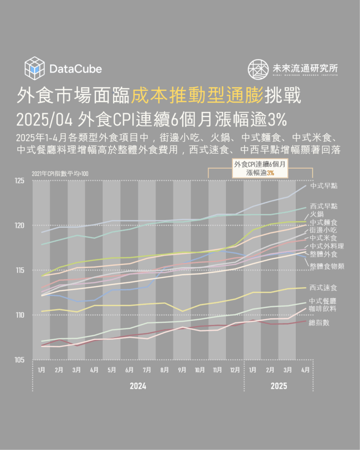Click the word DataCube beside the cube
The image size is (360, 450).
(x=75, y=69)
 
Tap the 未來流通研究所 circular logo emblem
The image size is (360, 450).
(x=258, y=69)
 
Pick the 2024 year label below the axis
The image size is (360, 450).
(x=138, y=386)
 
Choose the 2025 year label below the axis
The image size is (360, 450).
(x=278, y=386)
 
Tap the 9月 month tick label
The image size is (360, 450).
(x=182, y=370)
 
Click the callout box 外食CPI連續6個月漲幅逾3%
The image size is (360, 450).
(x=260, y=168)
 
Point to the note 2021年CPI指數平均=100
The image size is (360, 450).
(x=60, y=174)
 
